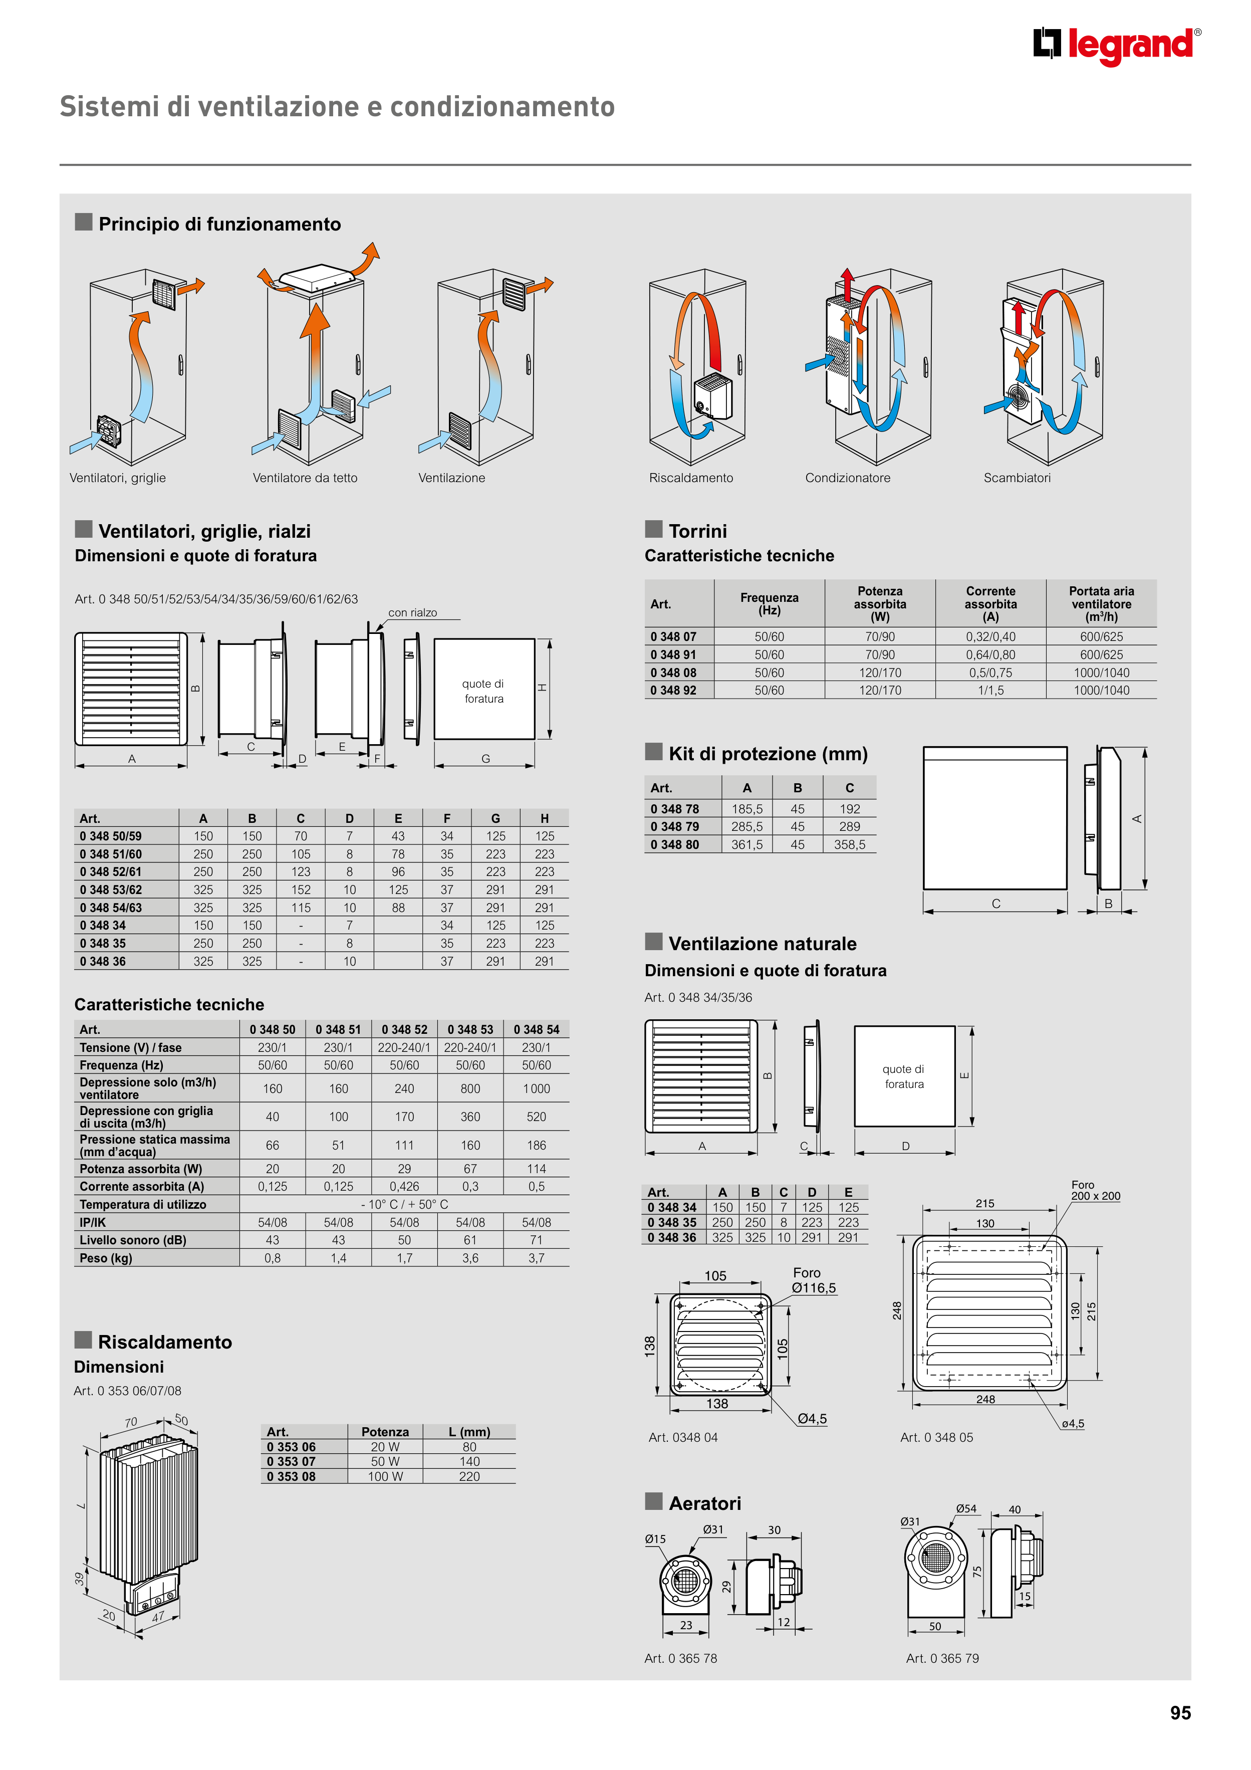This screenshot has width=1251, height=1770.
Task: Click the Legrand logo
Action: (1116, 46)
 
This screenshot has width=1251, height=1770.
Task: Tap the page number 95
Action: (1180, 1712)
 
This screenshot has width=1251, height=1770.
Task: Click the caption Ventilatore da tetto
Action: (305, 478)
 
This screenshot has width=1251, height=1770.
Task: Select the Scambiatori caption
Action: (1016, 478)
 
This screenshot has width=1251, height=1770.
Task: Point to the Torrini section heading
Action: (697, 531)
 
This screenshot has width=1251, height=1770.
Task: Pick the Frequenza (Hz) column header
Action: (769, 604)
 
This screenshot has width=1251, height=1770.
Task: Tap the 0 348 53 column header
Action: (470, 1030)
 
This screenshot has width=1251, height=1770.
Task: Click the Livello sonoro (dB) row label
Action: (133, 1240)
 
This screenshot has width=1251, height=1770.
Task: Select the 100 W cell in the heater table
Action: (385, 1476)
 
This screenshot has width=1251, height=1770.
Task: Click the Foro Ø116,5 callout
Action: (813, 1280)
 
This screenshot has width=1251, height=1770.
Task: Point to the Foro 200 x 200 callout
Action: (1095, 1190)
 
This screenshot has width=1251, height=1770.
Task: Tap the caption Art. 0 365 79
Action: (942, 1658)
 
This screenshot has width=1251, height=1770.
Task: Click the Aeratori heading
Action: (704, 1503)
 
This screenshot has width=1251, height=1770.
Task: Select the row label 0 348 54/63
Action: (111, 908)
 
